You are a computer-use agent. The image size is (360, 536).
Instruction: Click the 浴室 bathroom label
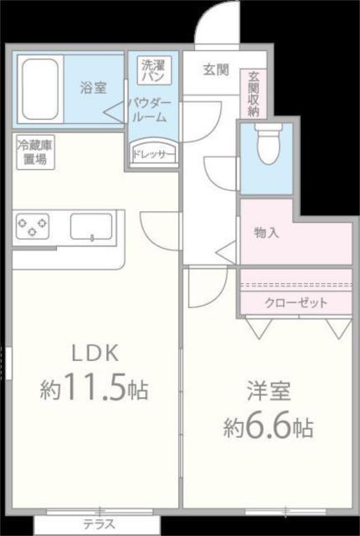[x=92, y=86]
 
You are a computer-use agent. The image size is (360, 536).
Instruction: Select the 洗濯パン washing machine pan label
[x=154, y=70]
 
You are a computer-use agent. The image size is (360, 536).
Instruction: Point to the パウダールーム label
[x=154, y=110]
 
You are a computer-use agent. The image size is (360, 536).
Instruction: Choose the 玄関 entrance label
[x=215, y=70]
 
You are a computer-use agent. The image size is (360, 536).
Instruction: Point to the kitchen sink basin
[x=90, y=226]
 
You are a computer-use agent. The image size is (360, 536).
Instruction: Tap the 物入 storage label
[x=266, y=233]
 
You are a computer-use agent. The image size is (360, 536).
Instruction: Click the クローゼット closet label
[x=296, y=302]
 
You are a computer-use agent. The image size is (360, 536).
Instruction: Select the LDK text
[x=95, y=351]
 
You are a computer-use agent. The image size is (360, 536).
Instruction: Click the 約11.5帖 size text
[x=95, y=389]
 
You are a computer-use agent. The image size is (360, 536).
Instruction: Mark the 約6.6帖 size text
[x=268, y=428]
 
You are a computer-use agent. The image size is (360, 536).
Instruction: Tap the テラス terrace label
[x=99, y=525]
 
